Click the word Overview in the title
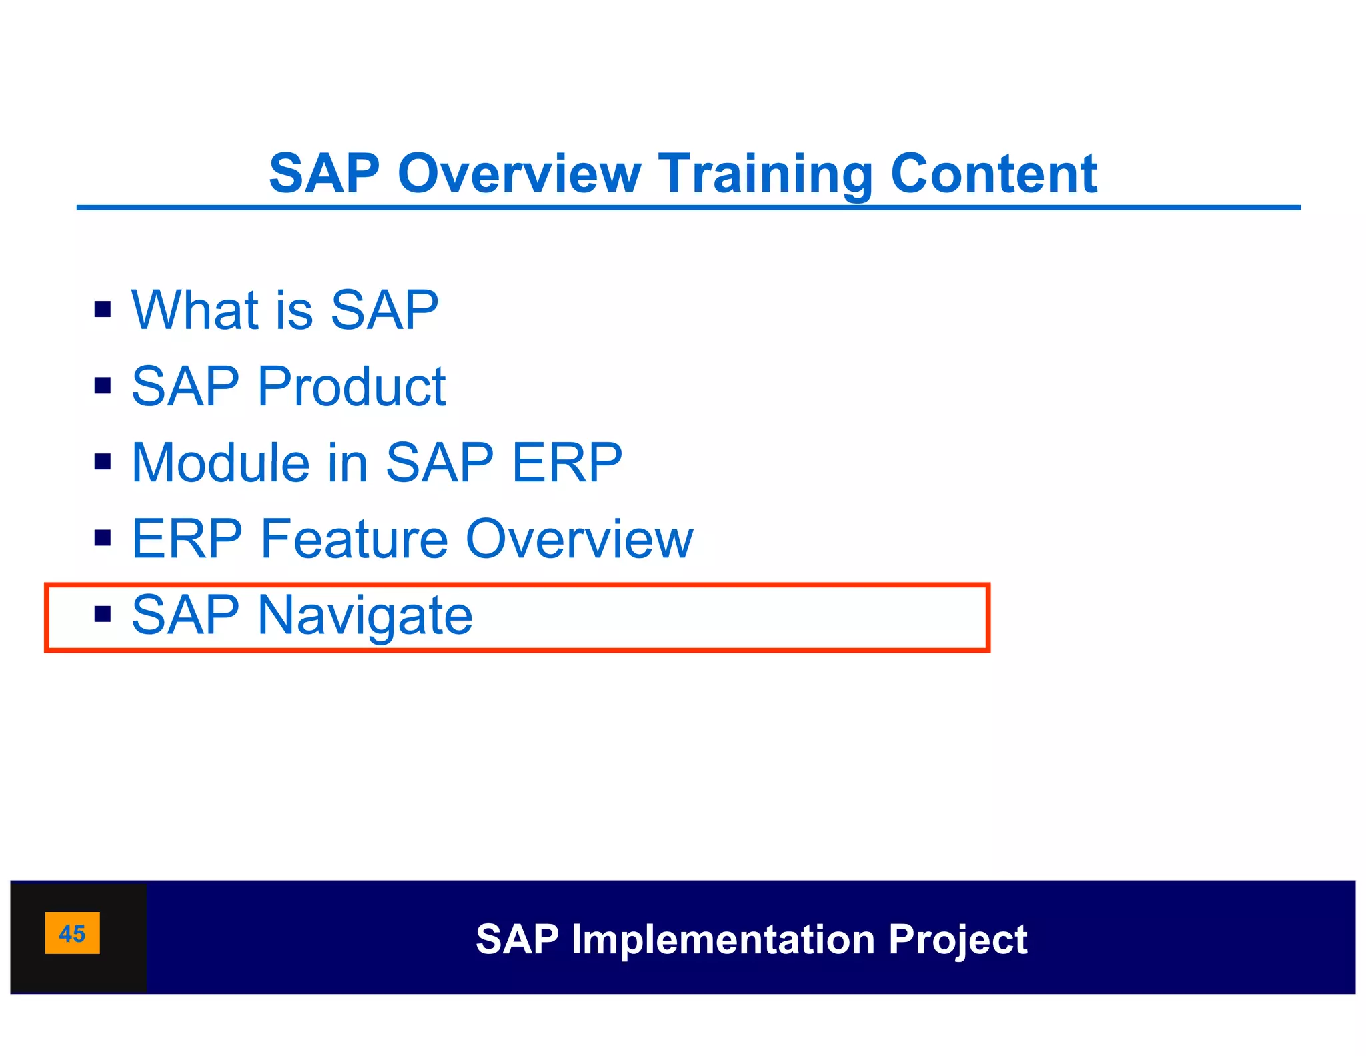click(519, 174)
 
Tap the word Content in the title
click(993, 174)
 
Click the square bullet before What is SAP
click(103, 309)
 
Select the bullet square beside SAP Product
click(103, 385)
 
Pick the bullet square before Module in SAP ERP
click(103, 461)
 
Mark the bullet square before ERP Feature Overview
click(103, 537)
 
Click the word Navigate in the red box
click(365, 615)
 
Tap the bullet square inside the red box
click(103, 613)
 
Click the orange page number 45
click(72, 933)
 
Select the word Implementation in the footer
click(723, 939)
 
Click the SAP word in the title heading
click(324, 174)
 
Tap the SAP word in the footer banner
click(517, 939)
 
